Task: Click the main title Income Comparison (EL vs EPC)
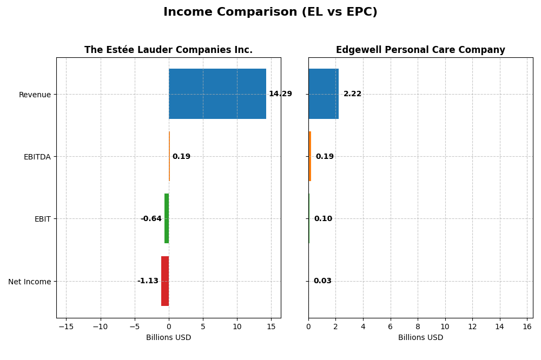coord(270,12)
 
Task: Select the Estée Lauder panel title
coord(168,50)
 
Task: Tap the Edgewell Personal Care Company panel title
coord(420,50)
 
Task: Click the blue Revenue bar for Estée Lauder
coord(217,94)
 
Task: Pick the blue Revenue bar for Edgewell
coord(323,94)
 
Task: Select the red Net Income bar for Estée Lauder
coord(165,281)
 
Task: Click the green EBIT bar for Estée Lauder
coord(167,218)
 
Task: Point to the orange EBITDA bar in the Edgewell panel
coord(310,156)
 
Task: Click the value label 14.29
coord(280,94)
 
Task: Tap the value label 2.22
coord(352,94)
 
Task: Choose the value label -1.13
coord(148,281)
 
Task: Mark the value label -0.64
coord(151,219)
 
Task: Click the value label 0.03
coord(322,281)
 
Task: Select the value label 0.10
coord(323,219)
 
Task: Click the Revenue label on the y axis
coord(35,95)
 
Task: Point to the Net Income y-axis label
coord(29,282)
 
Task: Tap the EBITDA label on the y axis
coord(37,157)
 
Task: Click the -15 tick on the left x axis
coord(66,326)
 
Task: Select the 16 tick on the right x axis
coord(527,326)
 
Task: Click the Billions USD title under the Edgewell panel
coord(420,338)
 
